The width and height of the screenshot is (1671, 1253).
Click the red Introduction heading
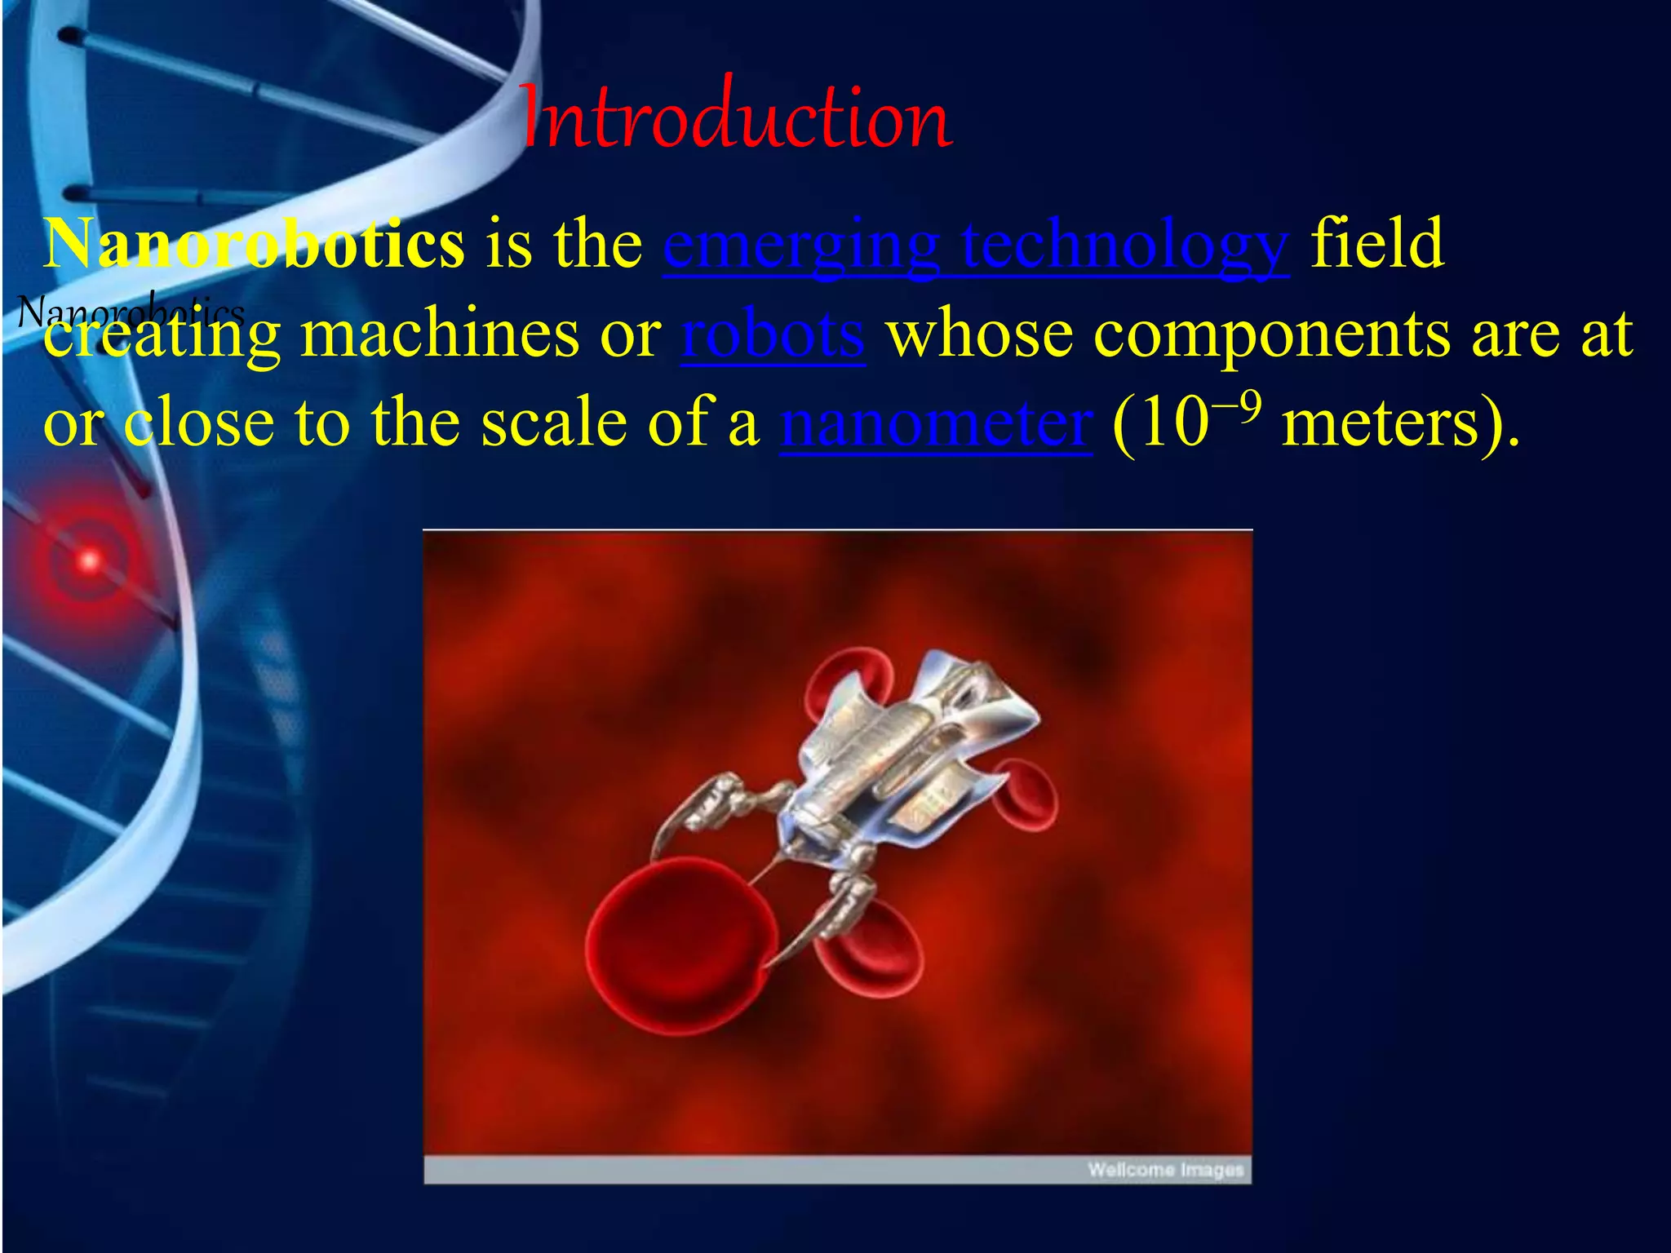[734, 118]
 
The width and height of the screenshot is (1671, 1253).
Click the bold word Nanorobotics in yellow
[253, 243]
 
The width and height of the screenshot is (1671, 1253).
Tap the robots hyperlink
[773, 334]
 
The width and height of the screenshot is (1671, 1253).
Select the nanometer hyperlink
[935, 424]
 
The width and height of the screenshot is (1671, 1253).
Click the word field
[1377, 243]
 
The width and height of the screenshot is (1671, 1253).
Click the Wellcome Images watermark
[1165, 1170]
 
